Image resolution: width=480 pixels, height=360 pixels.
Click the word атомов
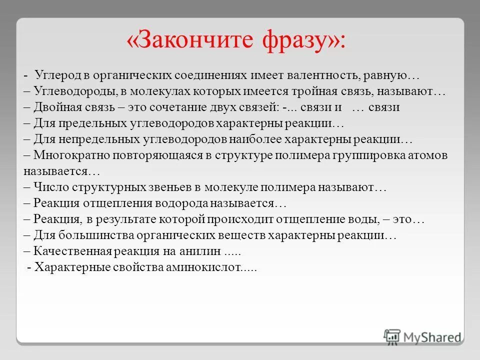(x=430, y=155)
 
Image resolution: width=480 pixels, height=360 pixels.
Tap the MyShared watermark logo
(x=422, y=336)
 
